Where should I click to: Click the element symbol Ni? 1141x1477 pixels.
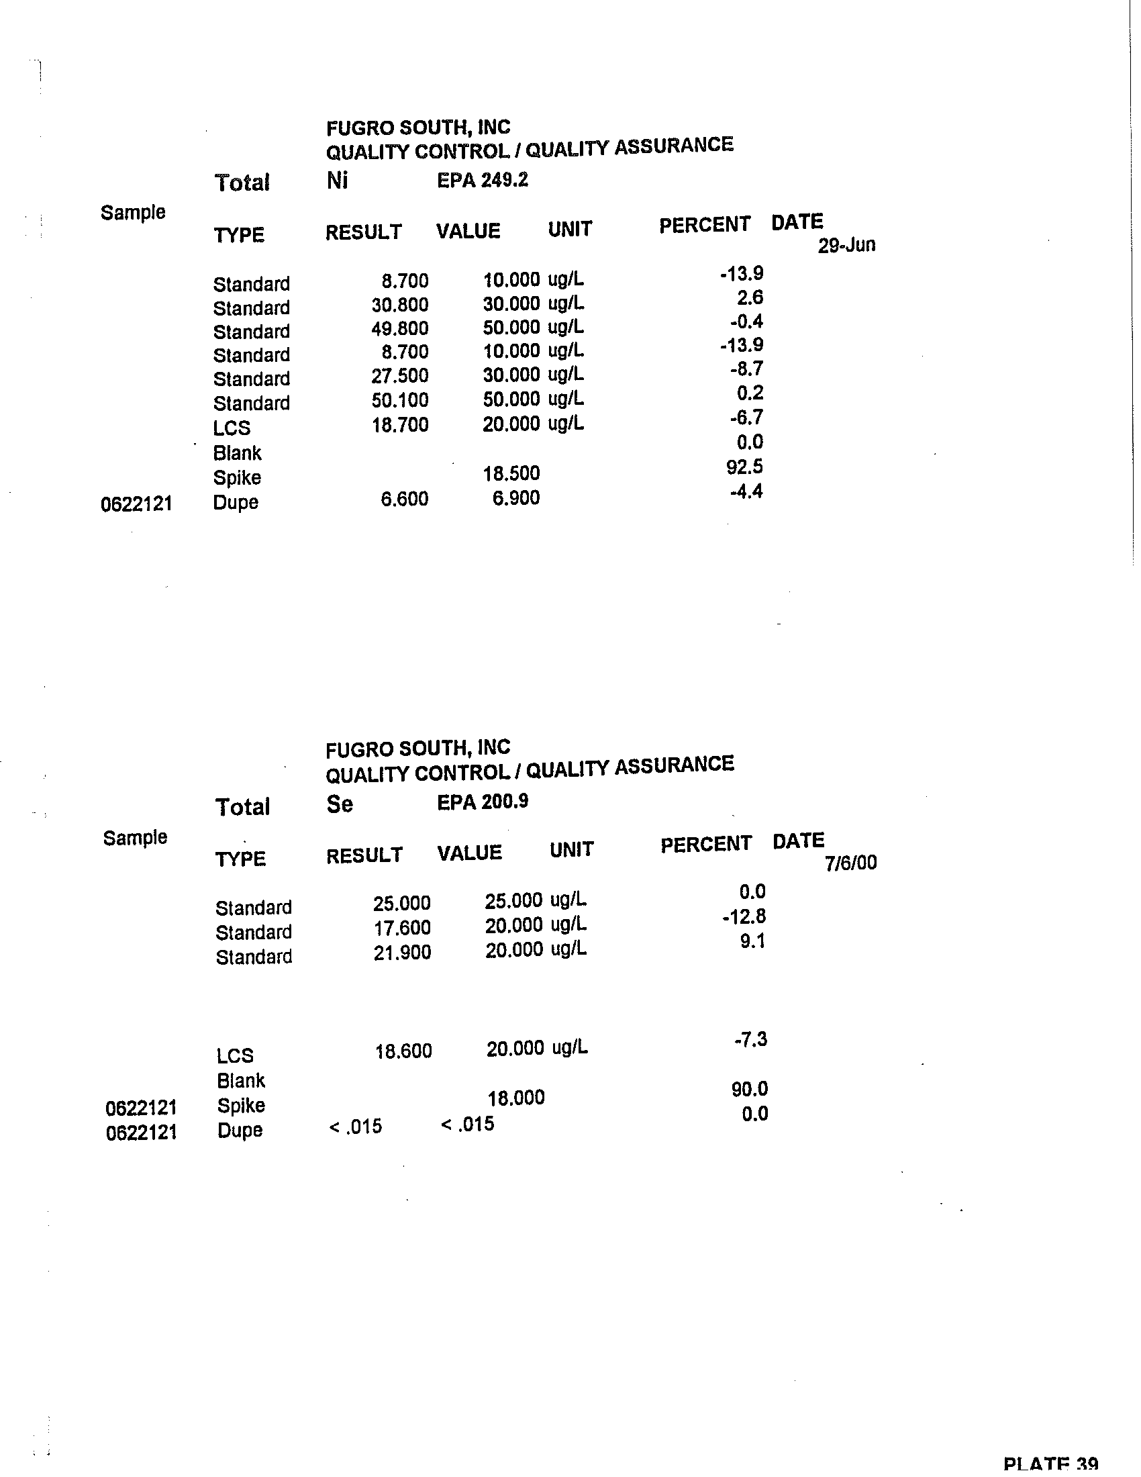tap(337, 181)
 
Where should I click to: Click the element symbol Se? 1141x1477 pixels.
tap(340, 804)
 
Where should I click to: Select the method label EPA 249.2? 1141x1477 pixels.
tap(482, 181)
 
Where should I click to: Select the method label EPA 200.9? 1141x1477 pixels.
tap(483, 802)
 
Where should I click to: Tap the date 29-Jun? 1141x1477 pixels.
tap(846, 245)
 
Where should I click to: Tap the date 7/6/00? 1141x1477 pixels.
tap(850, 863)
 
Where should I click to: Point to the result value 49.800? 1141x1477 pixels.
tap(399, 329)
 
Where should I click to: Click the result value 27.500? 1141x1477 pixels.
tap(399, 376)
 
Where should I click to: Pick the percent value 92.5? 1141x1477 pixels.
tap(744, 467)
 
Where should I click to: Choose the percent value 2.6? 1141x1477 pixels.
tap(750, 297)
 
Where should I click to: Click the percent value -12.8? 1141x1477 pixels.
tap(744, 917)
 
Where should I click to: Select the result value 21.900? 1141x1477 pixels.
tap(402, 953)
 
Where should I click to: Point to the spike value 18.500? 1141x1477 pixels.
tap(511, 473)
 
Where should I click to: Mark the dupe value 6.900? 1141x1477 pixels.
tap(515, 498)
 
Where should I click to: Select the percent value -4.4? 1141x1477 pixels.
tap(746, 491)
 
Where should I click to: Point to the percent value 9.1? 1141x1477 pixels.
tap(752, 941)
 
